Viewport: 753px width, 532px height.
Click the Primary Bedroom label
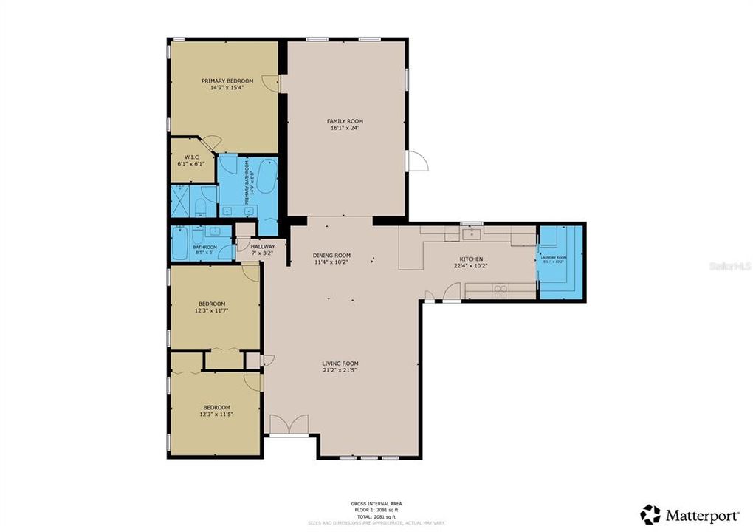pyautogui.click(x=227, y=81)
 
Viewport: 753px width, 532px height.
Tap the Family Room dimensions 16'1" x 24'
pyautogui.click(x=345, y=129)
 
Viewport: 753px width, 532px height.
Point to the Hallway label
pyautogui.click(x=263, y=246)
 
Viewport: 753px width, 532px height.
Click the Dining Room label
pyautogui.click(x=331, y=255)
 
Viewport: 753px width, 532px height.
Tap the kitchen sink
pyautogui.click(x=470, y=234)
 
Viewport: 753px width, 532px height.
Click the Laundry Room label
pyautogui.click(x=553, y=257)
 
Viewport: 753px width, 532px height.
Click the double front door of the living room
pyautogui.click(x=289, y=425)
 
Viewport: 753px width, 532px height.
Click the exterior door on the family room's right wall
pyautogui.click(x=416, y=161)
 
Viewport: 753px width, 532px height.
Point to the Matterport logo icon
pyautogui.click(x=650, y=514)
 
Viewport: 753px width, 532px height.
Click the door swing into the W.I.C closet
pyautogui.click(x=212, y=143)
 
